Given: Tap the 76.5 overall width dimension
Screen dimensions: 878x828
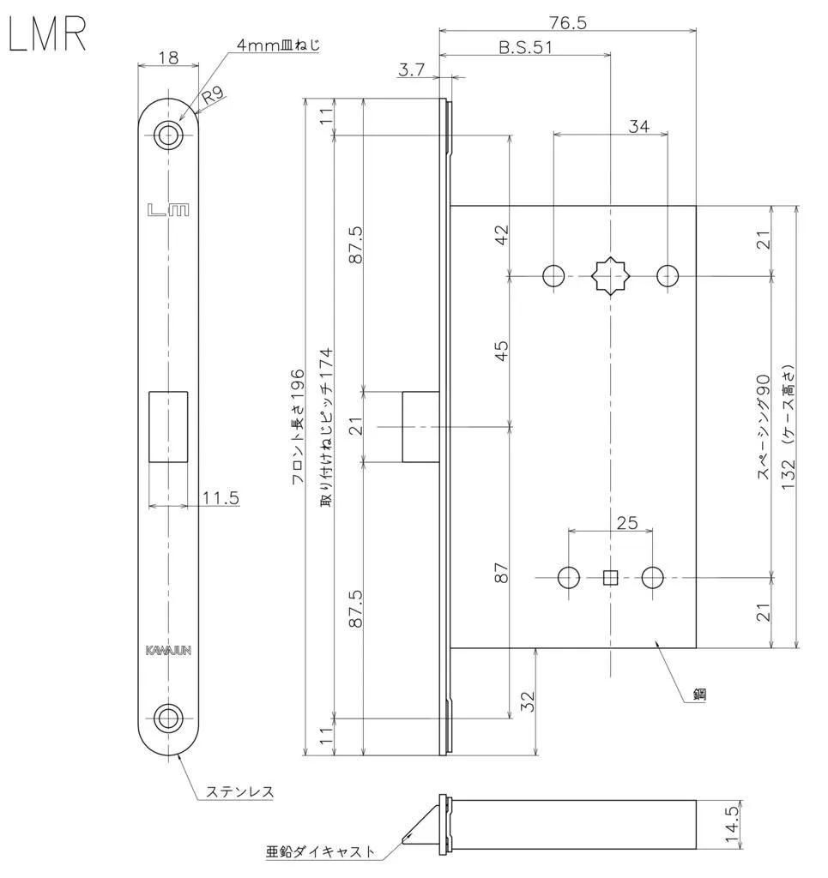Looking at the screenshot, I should (x=567, y=22).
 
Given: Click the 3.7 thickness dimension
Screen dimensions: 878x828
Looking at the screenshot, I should (x=412, y=70).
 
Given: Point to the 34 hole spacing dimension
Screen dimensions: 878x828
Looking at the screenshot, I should (x=638, y=126).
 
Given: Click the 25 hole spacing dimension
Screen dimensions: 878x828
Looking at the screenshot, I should (x=627, y=522).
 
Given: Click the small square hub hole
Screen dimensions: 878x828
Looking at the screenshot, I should (x=610, y=578).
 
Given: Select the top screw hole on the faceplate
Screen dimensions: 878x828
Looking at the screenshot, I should (x=168, y=135).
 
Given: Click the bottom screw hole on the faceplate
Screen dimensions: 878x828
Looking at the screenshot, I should (x=168, y=717).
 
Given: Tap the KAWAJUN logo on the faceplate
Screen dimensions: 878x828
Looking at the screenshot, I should (x=168, y=650).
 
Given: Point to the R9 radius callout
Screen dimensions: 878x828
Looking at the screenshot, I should (x=214, y=94).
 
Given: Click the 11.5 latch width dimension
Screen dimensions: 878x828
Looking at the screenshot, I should (x=221, y=497).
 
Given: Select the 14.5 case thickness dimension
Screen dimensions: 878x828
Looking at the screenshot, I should (x=732, y=826).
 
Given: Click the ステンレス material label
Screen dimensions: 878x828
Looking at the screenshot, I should (x=239, y=791).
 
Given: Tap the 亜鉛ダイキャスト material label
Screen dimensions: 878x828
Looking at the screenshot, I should (x=320, y=852).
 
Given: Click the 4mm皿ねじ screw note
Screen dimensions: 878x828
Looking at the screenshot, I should (x=278, y=45).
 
